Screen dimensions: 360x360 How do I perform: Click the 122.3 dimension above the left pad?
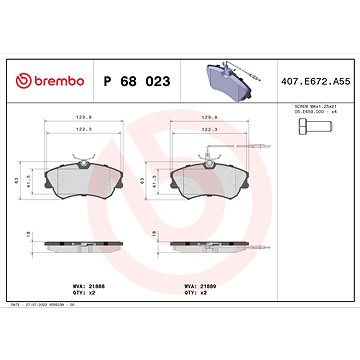click(87, 129)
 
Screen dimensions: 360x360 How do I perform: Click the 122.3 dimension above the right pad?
click(212, 129)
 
